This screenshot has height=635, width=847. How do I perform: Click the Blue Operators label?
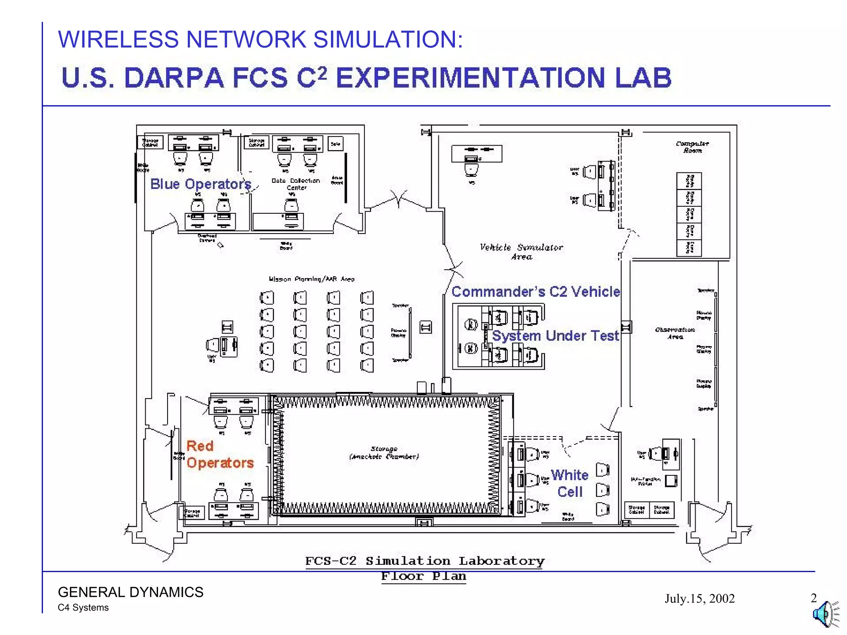click(201, 184)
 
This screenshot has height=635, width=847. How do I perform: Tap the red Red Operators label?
click(220, 454)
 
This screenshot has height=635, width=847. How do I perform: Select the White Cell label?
click(569, 483)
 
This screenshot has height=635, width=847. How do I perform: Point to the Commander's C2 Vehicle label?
click(536, 292)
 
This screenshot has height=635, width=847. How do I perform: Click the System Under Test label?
click(555, 336)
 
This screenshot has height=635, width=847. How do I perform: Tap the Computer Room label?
click(692, 147)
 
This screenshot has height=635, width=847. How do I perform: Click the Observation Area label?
click(675, 333)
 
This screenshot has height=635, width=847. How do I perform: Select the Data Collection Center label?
click(296, 184)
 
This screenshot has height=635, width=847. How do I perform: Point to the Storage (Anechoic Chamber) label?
click(384, 453)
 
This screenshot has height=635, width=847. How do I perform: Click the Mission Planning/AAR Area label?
click(311, 279)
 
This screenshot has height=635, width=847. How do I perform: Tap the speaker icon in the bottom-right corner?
click(825, 614)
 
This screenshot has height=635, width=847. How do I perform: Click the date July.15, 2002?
click(699, 599)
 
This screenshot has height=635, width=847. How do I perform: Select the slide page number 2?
click(814, 598)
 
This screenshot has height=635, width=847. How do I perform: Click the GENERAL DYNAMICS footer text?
click(131, 592)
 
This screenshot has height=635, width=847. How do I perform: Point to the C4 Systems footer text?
click(83, 608)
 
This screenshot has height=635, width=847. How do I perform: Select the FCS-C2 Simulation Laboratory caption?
click(425, 561)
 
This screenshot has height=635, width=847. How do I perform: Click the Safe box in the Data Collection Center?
click(335, 144)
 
